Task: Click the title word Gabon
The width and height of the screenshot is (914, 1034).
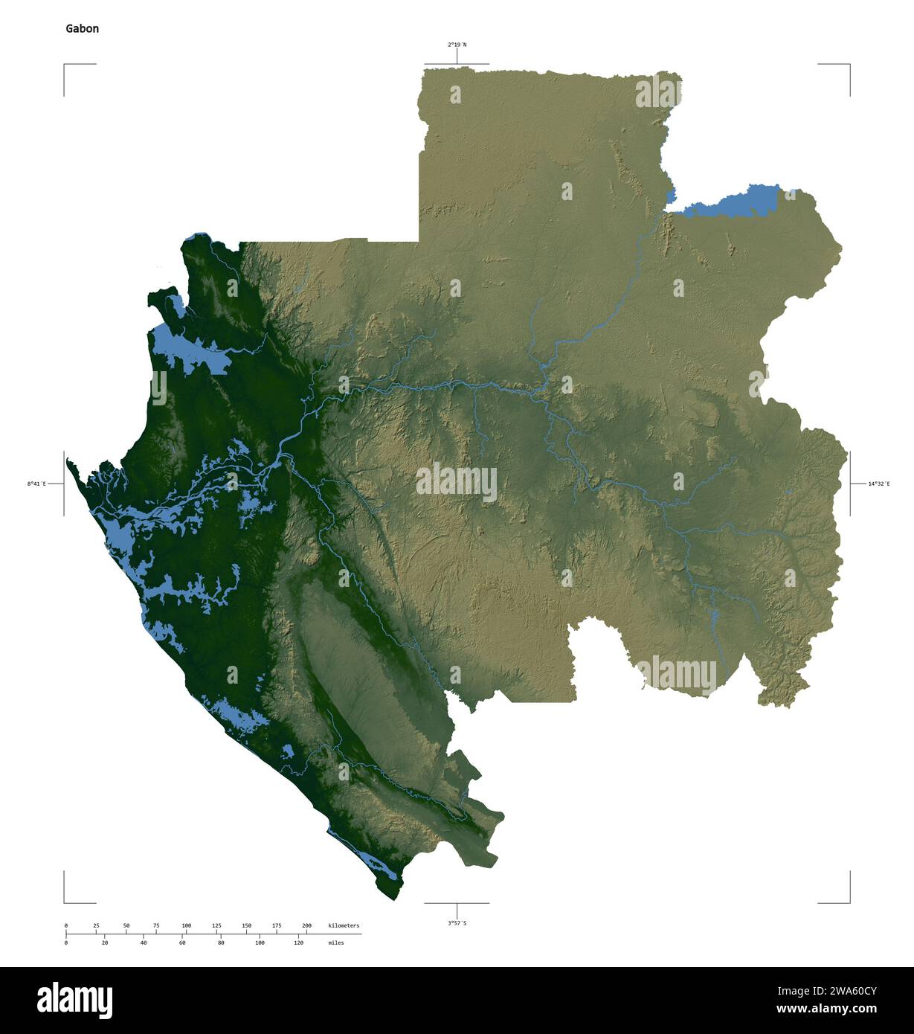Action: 82,29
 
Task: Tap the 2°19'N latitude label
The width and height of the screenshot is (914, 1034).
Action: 457,45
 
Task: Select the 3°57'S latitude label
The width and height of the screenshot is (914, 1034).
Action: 457,923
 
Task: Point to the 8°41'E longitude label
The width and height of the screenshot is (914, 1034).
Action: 36,484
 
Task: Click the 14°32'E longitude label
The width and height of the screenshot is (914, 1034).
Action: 878,484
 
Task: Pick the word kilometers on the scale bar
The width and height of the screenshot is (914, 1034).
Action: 344,925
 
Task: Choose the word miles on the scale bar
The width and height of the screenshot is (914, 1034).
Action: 335,943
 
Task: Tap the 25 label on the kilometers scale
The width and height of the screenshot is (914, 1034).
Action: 96,925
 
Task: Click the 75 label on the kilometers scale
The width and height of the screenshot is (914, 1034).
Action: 156,925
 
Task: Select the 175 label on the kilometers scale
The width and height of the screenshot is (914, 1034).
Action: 277,925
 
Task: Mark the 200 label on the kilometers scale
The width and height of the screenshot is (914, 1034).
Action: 306,925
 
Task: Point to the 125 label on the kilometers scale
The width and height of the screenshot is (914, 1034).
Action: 216,925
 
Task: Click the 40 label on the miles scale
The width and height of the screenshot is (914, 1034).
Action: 144,943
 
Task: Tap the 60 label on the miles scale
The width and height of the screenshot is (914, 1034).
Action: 182,943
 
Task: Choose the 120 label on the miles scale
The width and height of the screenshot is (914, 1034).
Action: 298,943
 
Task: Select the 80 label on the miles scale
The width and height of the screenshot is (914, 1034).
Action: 221,943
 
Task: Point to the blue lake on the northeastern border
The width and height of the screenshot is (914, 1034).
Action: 733,202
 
